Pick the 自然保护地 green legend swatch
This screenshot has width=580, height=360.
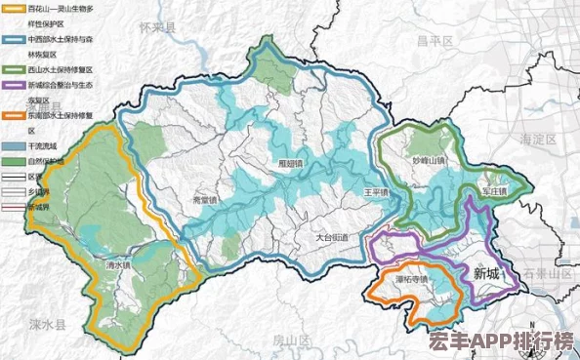(x=13, y=161)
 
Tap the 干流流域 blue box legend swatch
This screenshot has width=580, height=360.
(x=13, y=145)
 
